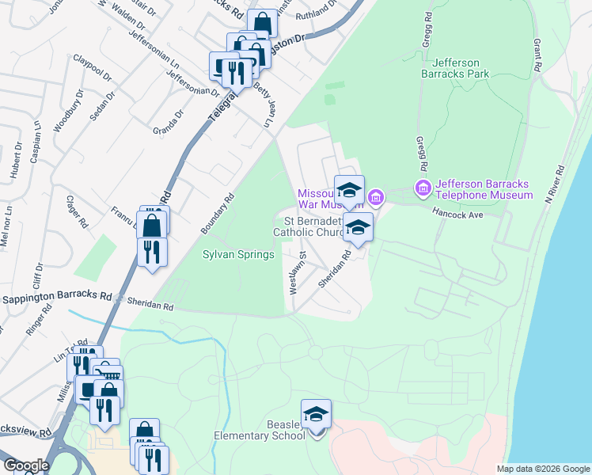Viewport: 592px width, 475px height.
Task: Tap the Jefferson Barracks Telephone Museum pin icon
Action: tap(423, 188)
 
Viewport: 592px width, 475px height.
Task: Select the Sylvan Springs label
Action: tap(238, 254)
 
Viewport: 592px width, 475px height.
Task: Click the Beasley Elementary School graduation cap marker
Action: tap(316, 414)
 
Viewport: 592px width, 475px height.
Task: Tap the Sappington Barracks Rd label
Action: tap(56, 299)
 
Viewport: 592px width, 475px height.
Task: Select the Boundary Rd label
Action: tap(218, 214)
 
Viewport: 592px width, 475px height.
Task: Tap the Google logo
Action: tap(26, 465)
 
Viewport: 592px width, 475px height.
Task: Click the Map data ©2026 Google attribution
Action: tap(543, 469)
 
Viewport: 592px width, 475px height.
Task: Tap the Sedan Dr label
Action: tap(102, 105)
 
